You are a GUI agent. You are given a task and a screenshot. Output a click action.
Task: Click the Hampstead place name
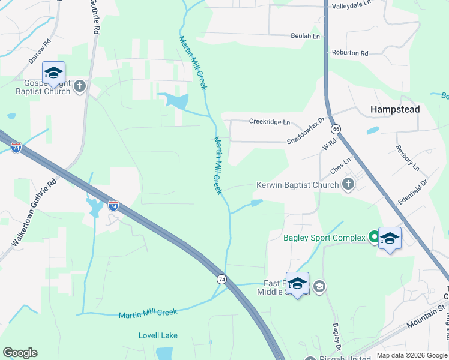click(394, 110)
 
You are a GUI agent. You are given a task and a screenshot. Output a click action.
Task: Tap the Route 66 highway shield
click(336, 129)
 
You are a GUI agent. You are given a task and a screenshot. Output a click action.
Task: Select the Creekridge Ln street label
click(270, 122)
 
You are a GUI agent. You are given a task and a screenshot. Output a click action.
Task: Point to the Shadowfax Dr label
click(305, 130)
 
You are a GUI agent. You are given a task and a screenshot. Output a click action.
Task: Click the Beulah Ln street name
click(306, 37)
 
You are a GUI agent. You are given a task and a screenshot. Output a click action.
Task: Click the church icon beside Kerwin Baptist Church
click(348, 185)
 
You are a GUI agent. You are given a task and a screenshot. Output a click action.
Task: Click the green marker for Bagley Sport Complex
click(373, 238)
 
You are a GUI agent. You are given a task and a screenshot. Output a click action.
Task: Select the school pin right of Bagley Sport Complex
click(390, 239)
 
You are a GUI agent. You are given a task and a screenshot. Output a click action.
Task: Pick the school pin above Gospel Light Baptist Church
click(53, 73)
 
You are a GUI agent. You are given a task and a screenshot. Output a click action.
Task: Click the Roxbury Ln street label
click(408, 157)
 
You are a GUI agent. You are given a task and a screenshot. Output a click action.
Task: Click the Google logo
click(20, 352)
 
